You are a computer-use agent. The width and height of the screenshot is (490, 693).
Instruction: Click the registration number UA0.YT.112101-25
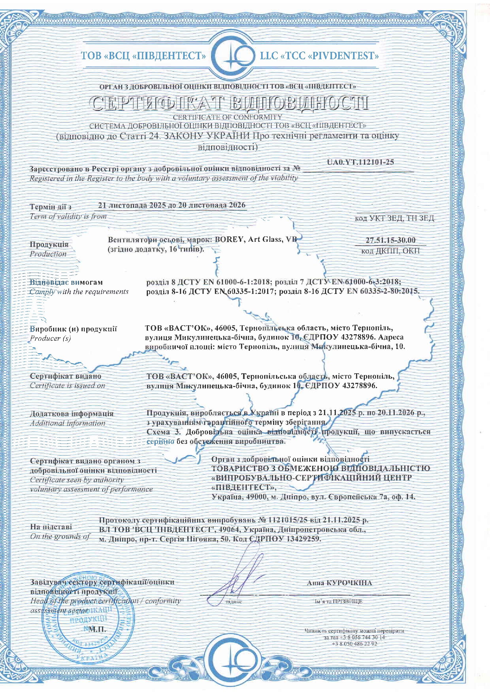360,162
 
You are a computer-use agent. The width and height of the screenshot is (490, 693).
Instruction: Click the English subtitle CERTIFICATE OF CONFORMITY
228,117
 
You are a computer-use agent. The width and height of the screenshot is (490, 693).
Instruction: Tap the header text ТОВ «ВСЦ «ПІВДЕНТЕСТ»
143,56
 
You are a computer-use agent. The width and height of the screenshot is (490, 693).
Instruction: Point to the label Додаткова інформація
72,414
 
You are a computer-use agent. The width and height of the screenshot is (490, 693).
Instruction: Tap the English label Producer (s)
50,338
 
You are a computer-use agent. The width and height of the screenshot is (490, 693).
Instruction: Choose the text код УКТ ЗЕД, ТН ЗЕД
394,218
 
